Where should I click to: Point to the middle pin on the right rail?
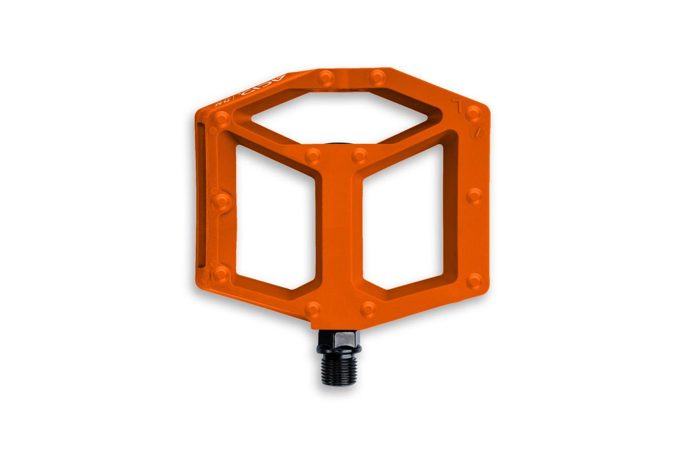475,196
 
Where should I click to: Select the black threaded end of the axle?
339,370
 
